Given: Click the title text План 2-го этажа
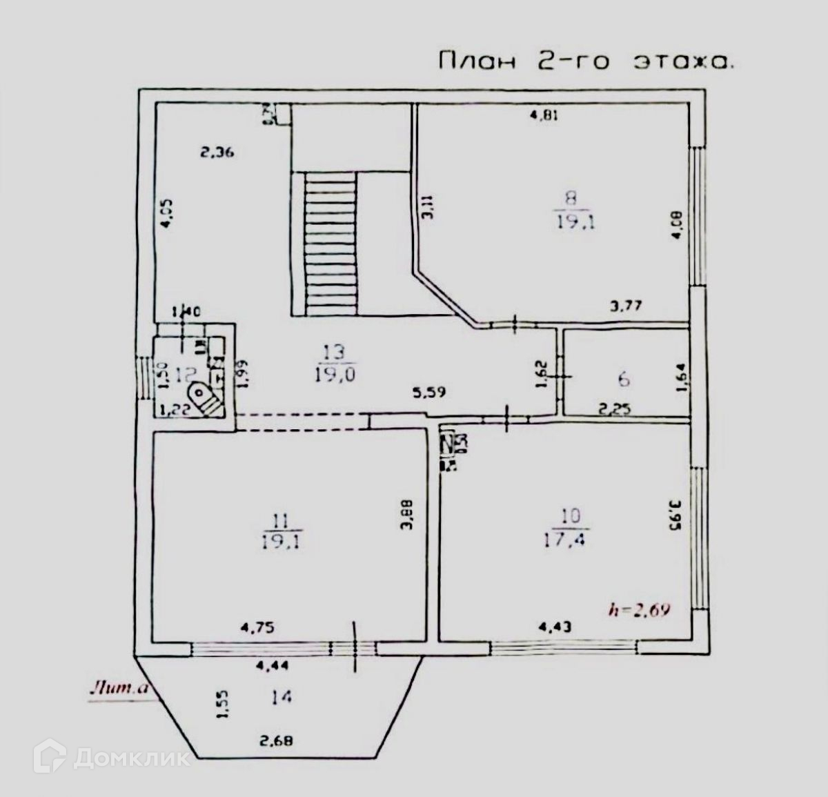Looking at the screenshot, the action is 585,61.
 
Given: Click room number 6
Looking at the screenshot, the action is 624,379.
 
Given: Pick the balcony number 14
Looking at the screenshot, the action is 281,697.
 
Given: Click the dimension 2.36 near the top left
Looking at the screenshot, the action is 218,152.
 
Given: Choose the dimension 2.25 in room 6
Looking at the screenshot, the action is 615,408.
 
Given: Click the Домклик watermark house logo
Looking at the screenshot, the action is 56,758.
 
